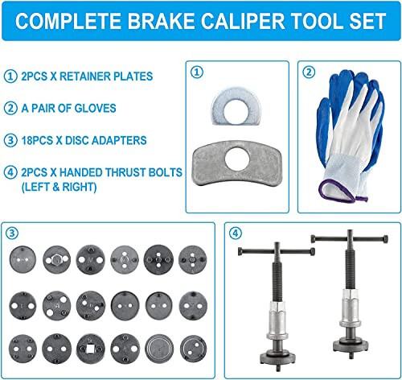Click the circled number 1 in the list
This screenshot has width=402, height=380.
click(x=10, y=76)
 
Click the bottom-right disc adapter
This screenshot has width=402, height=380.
click(x=191, y=344)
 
